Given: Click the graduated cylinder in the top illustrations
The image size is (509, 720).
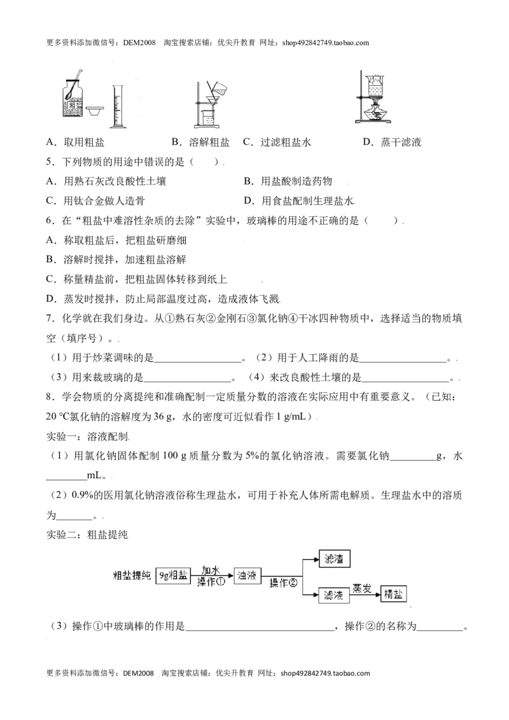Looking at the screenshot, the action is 116,106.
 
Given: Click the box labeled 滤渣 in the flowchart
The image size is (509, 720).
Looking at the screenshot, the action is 335,559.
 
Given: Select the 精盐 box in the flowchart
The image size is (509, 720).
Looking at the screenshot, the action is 394,593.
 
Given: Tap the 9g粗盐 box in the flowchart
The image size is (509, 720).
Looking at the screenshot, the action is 173,576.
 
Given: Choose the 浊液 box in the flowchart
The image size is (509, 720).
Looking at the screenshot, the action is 247,576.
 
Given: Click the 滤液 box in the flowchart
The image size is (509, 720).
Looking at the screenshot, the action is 334,595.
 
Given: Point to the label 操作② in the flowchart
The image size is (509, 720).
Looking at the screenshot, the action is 283,583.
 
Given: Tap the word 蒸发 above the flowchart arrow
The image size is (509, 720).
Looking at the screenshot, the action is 363,588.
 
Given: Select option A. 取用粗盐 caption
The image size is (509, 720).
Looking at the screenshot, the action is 75,142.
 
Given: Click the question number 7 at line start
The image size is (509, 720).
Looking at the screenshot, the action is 50,319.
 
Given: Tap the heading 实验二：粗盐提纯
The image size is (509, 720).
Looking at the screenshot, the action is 87,534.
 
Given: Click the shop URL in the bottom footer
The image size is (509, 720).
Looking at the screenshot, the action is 325,674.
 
